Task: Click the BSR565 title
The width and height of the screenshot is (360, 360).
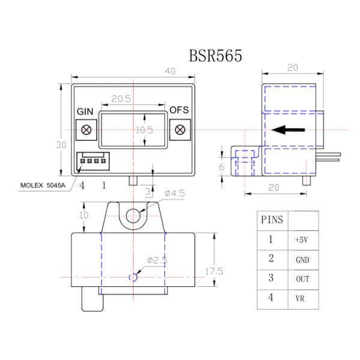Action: click(x=215, y=56)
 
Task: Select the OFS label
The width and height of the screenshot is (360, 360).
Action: click(x=179, y=110)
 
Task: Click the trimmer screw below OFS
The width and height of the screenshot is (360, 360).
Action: click(x=179, y=129)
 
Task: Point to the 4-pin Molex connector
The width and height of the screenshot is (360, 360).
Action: click(x=91, y=161)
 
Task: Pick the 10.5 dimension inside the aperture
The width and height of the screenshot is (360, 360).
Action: click(x=144, y=129)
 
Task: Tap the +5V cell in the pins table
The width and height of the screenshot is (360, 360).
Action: click(x=302, y=239)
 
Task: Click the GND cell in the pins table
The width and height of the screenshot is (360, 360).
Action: click(x=302, y=259)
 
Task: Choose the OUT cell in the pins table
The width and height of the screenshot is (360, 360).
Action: click(x=302, y=280)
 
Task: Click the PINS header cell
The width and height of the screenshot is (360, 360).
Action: click(x=271, y=219)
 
